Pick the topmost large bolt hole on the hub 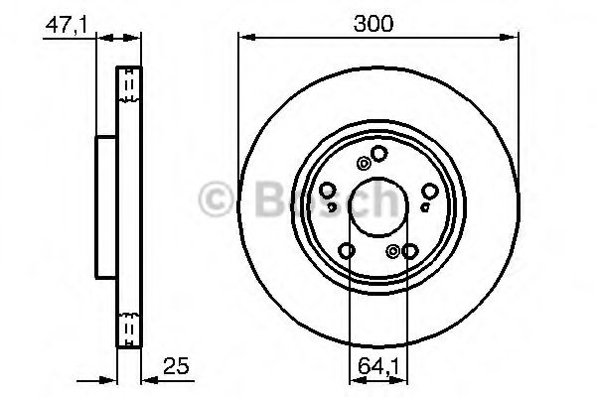377,153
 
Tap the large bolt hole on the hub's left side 329,191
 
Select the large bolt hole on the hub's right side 429,192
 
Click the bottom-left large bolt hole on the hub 347,250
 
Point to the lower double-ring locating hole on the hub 394,251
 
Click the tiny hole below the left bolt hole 331,206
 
